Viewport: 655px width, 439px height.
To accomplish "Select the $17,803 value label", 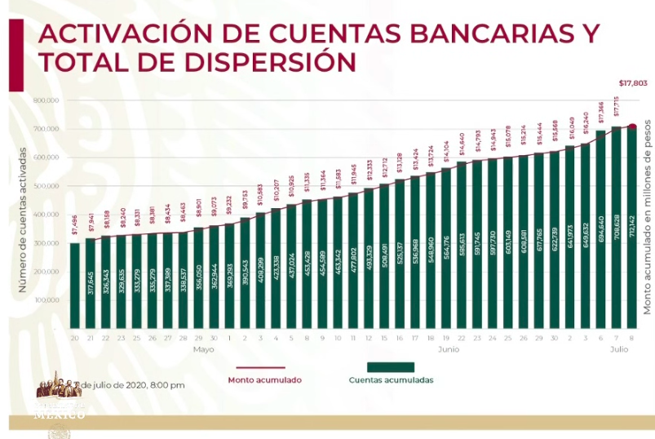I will click(632, 83).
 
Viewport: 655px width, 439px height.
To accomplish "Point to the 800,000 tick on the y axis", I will click(46, 100).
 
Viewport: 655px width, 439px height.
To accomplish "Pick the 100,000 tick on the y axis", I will click(46, 299).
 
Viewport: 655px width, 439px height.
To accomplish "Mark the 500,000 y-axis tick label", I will click(46, 186).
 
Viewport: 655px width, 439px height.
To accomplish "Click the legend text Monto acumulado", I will click(265, 380).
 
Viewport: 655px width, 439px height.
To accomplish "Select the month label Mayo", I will click(204, 348).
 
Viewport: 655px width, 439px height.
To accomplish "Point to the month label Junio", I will click(448, 348).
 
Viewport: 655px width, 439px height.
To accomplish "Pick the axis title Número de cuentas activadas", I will click(25, 220).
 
